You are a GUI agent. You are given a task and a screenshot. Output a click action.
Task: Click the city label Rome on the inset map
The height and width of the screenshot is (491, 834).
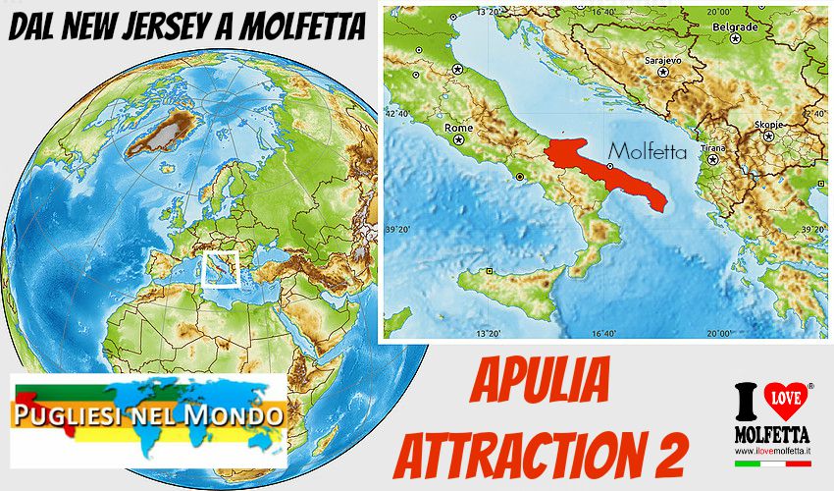(x=459, y=128)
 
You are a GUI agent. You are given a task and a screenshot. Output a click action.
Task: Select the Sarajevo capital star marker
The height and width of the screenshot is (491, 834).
(x=663, y=72)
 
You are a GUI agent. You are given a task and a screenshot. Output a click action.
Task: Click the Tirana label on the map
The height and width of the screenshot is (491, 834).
(x=712, y=145)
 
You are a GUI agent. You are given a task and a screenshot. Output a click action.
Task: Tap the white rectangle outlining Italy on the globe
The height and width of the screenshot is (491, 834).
(x=221, y=268)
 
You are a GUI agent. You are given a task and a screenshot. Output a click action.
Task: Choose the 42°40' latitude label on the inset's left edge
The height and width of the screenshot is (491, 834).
(x=397, y=113)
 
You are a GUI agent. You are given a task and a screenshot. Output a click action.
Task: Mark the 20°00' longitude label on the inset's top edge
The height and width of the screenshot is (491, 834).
(x=719, y=13)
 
